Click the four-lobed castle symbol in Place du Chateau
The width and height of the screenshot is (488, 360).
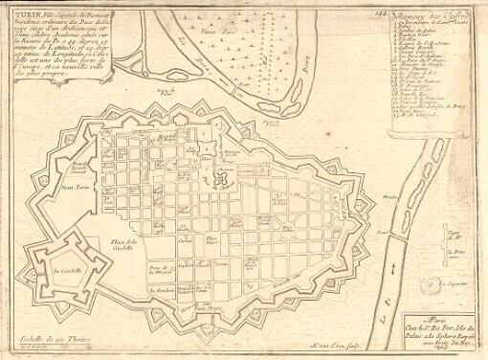pos(225,178)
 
